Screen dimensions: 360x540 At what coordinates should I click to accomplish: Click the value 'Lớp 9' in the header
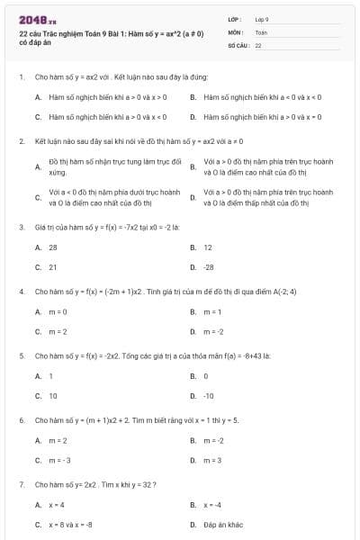pos(262,18)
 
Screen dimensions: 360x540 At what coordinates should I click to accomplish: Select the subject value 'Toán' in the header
pos(261,31)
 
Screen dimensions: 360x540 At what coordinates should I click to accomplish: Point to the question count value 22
pos(257,44)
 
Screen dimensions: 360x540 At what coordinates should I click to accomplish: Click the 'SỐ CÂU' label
pos(238,44)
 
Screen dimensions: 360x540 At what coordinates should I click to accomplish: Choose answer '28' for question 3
pos(53,247)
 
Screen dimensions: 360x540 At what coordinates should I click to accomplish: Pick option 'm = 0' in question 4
pos(58,311)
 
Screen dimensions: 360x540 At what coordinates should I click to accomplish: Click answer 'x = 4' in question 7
pos(57,505)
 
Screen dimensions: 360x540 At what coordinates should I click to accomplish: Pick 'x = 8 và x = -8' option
pos(70,525)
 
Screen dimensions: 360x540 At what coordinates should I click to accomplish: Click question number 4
pos(21,292)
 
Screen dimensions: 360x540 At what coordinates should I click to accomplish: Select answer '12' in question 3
pos(208,247)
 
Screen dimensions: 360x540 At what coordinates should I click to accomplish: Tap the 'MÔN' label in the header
pos(236,31)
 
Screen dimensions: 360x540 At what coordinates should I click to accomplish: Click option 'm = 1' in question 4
pos(212,311)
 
